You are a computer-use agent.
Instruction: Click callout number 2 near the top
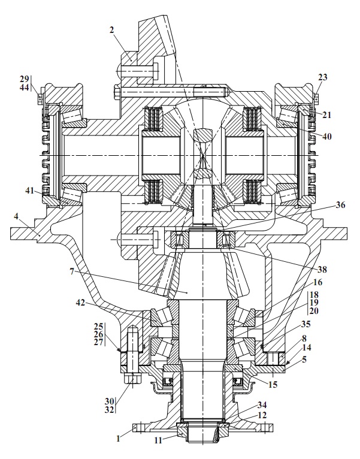click(112, 30)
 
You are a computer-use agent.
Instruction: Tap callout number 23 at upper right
click(323, 77)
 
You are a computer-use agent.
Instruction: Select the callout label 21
click(326, 115)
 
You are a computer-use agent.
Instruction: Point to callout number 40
click(327, 136)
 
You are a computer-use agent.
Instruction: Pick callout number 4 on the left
click(16, 217)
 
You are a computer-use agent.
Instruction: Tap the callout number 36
click(340, 205)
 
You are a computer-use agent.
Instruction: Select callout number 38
click(322, 268)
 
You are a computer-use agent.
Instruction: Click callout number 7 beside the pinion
click(72, 271)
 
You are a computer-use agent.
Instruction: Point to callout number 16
click(318, 282)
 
